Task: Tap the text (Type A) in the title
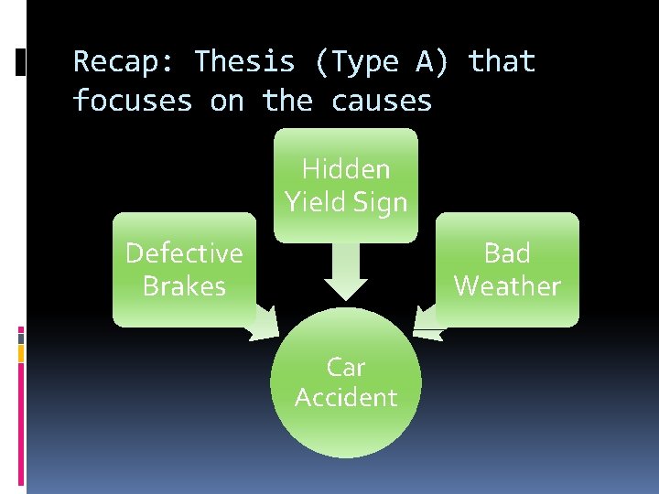pyautogui.click(x=384, y=62)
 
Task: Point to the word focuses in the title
pyautogui.click(x=133, y=100)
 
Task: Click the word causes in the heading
pyautogui.click(x=382, y=100)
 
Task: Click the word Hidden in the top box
pyautogui.click(x=346, y=169)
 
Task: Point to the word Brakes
pyautogui.click(x=184, y=286)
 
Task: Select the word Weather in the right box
pyautogui.click(x=507, y=286)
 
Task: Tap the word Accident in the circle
pyautogui.click(x=346, y=398)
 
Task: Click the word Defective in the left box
pyautogui.click(x=184, y=252)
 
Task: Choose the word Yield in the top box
pyautogui.click(x=315, y=202)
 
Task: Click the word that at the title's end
pyautogui.click(x=502, y=62)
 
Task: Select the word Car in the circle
pyautogui.click(x=346, y=367)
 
